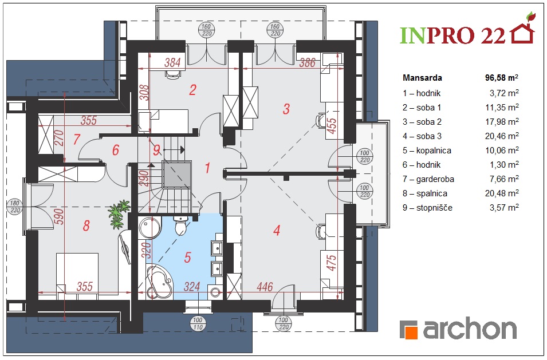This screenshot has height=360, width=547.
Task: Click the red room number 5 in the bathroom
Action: (188, 258)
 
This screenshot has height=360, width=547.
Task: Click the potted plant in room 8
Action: (119, 214)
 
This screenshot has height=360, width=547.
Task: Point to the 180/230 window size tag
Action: (15, 207)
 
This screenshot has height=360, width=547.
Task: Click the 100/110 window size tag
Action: (198, 324)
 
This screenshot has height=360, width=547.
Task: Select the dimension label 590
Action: (60, 216)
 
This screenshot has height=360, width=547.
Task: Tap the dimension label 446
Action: (265, 287)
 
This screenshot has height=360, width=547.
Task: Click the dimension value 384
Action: (172, 62)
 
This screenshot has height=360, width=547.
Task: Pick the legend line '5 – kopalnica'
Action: (427, 151)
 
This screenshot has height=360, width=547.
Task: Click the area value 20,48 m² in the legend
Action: (502, 193)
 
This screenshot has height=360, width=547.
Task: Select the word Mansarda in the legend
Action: (422, 78)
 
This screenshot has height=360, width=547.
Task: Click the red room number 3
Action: (286, 109)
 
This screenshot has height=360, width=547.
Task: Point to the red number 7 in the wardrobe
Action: (77, 139)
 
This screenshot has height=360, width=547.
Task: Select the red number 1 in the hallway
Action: (207, 168)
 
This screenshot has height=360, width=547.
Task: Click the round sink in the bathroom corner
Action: (149, 227)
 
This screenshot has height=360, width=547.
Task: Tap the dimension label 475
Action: (332, 263)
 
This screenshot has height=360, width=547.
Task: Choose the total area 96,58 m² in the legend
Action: (502, 78)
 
